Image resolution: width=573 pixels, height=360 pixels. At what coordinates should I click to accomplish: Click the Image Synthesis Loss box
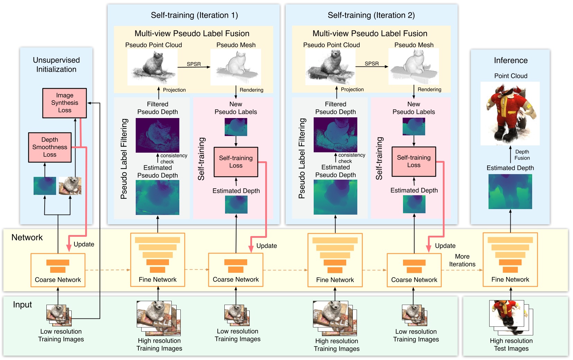pyautogui.click(x=64, y=103)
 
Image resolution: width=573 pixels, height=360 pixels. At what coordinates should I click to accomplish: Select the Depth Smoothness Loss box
pyautogui.click(x=50, y=147)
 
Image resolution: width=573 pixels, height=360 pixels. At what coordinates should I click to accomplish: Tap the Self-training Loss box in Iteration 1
pyautogui.click(x=236, y=162)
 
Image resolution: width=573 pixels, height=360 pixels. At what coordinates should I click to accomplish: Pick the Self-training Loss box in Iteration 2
pyautogui.click(x=414, y=161)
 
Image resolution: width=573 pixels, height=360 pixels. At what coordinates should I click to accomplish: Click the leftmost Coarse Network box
pyautogui.click(x=58, y=270)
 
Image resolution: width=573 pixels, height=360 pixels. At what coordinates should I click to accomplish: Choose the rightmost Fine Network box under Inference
pyautogui.click(x=510, y=260)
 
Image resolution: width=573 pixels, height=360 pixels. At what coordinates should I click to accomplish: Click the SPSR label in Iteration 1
pyautogui.click(x=194, y=64)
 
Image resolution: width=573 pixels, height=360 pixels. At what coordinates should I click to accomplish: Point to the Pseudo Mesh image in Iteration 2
pyautogui.click(x=414, y=66)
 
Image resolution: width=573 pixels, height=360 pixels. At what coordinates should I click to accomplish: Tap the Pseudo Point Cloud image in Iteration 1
pyautogui.click(x=152, y=67)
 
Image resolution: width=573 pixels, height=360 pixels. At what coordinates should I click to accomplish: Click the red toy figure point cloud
pyautogui.click(x=510, y=114)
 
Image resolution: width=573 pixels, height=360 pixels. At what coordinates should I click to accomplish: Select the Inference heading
pyautogui.click(x=511, y=61)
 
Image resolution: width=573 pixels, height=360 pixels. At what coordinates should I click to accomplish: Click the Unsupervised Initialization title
pyautogui.click(x=56, y=65)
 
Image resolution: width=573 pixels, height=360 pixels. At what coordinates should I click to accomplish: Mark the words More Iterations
pyautogui.click(x=462, y=260)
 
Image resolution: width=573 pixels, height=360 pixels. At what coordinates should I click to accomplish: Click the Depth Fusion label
pyautogui.click(x=522, y=155)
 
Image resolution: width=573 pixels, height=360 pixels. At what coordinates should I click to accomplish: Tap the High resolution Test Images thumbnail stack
pyautogui.click(x=511, y=317)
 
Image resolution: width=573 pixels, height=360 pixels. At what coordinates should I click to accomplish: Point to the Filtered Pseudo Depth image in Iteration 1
pyautogui.click(x=158, y=135)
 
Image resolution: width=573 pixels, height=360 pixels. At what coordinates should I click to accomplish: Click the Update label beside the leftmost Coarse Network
pyautogui.click(x=84, y=244)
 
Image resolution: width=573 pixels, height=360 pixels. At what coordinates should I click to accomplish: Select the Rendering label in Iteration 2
pyautogui.click(x=429, y=89)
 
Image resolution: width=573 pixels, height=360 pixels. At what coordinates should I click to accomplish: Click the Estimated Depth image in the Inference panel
pyautogui.click(x=510, y=191)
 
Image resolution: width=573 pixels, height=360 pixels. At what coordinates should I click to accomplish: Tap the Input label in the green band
pyautogui.click(x=23, y=305)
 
